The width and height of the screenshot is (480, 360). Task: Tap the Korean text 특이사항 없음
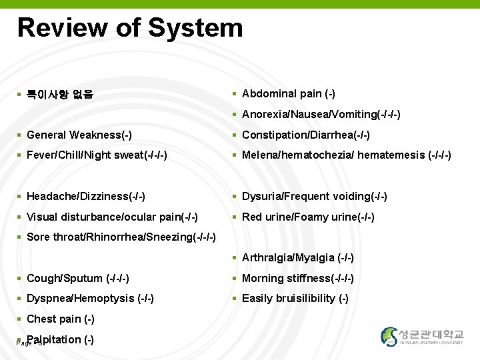pyautogui.click(x=59, y=95)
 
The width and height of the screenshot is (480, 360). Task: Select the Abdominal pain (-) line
pyautogui.click(x=288, y=94)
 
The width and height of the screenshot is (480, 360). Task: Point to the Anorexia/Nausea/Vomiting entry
pyautogui.click(x=321, y=115)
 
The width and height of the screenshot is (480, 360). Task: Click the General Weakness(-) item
pyautogui.click(x=79, y=135)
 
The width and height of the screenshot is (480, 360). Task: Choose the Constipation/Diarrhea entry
pyautogui.click(x=305, y=135)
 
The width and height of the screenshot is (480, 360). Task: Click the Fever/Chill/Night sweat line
pyautogui.click(x=97, y=155)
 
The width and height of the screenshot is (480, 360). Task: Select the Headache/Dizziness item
pyautogui.click(x=86, y=197)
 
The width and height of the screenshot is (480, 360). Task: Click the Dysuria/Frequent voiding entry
pyautogui.click(x=314, y=197)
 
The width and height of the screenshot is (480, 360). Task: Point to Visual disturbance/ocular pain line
pyautogui.click(x=112, y=217)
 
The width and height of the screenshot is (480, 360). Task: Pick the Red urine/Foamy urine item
pyautogui.click(x=308, y=217)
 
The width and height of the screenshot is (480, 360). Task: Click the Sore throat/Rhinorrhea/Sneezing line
pyautogui.click(x=121, y=237)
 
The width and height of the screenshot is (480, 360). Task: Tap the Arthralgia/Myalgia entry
pyautogui.click(x=297, y=258)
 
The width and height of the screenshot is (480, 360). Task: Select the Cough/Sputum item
pyautogui.click(x=77, y=278)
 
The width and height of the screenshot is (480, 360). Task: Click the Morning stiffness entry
pyautogui.click(x=297, y=278)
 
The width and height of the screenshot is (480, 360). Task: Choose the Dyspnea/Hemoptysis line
pyautogui.click(x=90, y=299)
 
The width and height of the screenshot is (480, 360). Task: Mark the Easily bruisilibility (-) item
pyautogui.click(x=295, y=299)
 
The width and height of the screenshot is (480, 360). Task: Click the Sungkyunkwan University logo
pyautogui.click(x=422, y=337)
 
